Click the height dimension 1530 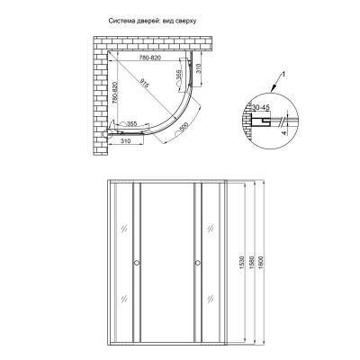click(241, 261)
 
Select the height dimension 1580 click(251, 261)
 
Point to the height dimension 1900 click(262, 261)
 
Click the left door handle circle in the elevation click(137, 264)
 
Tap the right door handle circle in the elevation click(194, 264)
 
